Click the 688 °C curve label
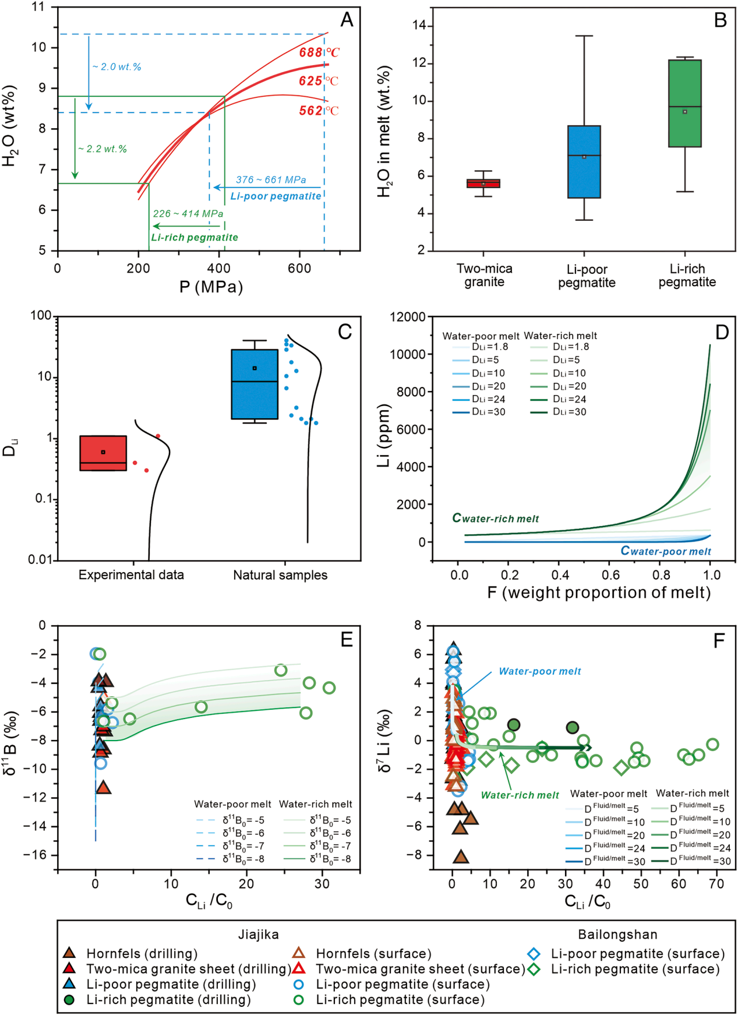(x=319, y=52)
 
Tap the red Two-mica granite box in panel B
(x=483, y=184)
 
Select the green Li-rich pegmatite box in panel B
(x=684, y=103)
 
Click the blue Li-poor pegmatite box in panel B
(x=584, y=161)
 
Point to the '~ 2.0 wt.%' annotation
(x=116, y=67)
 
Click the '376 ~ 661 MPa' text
(x=271, y=180)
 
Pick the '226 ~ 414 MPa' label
(x=188, y=214)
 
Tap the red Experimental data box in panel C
(x=103, y=453)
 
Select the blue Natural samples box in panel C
(x=255, y=384)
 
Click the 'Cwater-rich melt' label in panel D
(x=496, y=519)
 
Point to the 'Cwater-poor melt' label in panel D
(x=666, y=551)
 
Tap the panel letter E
(x=347, y=640)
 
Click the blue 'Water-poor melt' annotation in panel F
(x=540, y=671)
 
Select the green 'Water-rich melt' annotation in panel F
(x=520, y=795)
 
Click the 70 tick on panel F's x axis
(x=716, y=884)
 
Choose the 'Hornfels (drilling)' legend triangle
(x=69, y=953)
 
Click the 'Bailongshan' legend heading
(x=617, y=935)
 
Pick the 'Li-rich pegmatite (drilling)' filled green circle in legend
(x=69, y=999)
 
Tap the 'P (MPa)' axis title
(x=211, y=287)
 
